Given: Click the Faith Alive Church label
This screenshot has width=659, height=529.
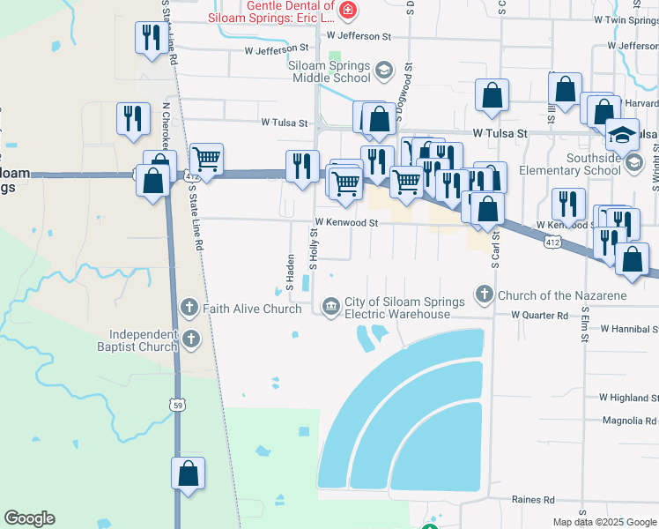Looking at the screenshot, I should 240,309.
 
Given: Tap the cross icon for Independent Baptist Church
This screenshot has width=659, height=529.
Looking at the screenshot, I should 192,339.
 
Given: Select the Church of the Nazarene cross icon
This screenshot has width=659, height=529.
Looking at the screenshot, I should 484,294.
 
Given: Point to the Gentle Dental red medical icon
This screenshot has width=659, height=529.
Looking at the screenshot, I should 349,11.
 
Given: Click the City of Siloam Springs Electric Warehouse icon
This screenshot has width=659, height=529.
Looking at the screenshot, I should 330,306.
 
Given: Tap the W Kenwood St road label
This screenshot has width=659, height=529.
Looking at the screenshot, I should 346,223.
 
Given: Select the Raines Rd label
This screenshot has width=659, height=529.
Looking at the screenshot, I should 536,500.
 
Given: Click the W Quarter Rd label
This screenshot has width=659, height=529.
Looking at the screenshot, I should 539,315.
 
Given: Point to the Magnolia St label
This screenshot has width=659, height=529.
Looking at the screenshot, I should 629,421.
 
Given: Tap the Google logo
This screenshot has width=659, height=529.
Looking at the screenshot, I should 29,518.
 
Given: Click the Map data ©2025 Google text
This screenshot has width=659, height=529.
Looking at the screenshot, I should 603,522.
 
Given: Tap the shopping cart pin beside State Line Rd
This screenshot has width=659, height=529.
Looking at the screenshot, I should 206,159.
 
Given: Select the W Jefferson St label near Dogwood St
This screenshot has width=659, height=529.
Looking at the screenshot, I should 358,36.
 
